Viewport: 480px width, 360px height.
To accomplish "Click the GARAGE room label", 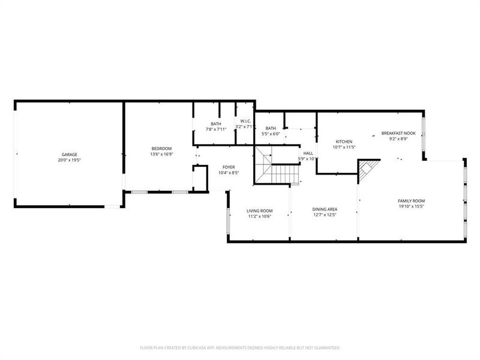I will tap(68, 154).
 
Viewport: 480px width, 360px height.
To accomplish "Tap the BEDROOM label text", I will tap(161, 148).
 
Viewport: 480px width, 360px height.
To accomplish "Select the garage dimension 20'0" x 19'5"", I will tap(68, 160).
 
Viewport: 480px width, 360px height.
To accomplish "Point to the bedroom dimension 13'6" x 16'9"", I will tap(161, 154).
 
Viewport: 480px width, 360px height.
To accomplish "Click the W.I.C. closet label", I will tap(245, 122).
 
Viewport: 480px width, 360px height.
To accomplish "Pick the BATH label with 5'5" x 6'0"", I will tap(271, 128).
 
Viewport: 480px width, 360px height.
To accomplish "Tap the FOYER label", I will tap(229, 167).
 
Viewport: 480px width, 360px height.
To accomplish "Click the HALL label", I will tap(308, 153).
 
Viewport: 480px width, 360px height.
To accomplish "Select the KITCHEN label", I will tap(344, 141).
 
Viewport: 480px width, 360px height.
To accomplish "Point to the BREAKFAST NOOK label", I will tap(398, 133).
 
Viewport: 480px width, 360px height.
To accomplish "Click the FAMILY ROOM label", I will tap(411, 200).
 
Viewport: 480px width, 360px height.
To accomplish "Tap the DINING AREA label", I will tap(324, 210).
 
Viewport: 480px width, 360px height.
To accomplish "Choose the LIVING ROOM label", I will tap(260, 211).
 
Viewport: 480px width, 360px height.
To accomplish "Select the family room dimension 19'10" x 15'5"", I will tap(411, 206).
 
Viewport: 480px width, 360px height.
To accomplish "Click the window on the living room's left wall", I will tap(227, 221).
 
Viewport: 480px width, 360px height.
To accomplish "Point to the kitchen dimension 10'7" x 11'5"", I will tap(344, 147).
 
